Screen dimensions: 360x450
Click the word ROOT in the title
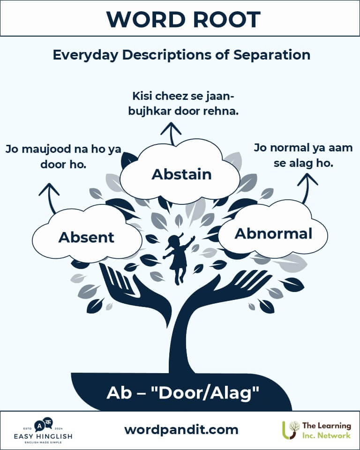[227, 20]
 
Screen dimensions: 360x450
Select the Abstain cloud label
[181, 174]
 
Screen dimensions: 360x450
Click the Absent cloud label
[86, 237]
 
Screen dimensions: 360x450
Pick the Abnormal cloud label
[273, 233]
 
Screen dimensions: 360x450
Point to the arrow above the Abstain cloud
[171, 134]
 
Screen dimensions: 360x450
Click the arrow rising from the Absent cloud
[50, 198]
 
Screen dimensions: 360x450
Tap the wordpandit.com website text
[181, 430]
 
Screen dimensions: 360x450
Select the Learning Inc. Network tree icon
[291, 430]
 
